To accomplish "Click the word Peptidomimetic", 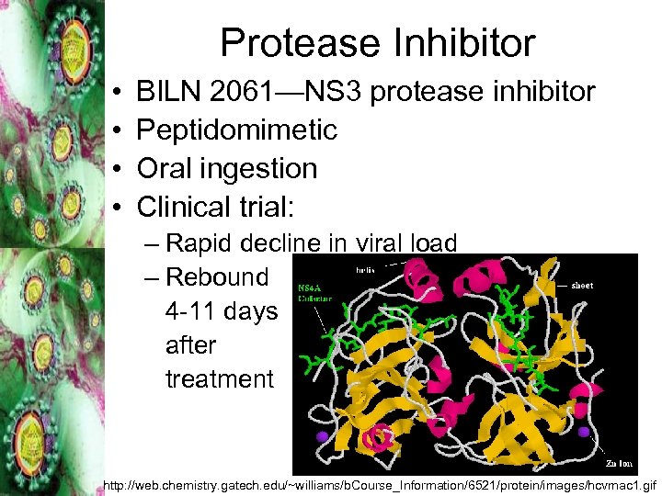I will (236, 130).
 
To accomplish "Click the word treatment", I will (220, 378).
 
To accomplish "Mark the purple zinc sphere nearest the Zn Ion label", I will (584, 431).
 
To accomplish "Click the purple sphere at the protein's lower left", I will (322, 435).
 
